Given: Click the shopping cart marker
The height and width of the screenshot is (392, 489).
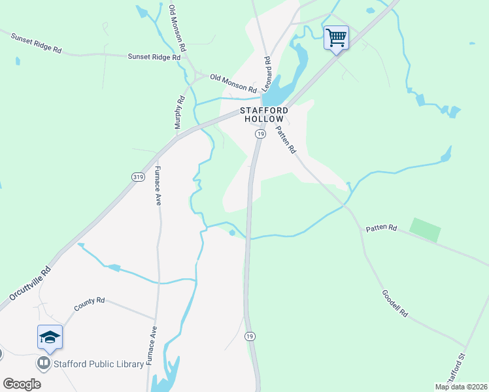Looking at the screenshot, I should click(336, 37).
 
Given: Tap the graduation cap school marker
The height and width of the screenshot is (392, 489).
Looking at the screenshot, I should click(50, 337).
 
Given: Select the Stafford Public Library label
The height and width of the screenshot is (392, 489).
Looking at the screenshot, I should click(98, 363).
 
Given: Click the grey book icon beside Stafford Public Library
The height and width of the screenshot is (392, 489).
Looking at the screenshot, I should click(44, 363).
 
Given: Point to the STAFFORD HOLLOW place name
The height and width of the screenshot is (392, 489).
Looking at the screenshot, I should click(263, 115).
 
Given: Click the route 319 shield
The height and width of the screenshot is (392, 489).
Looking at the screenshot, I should click(138, 176).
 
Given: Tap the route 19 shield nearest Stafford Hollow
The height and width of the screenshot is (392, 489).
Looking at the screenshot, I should click(260, 134).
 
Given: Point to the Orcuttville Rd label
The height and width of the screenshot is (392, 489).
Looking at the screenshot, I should click(29, 282).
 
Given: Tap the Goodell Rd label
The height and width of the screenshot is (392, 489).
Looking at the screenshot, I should click(395, 304).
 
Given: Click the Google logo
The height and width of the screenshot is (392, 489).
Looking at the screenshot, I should click(22, 384).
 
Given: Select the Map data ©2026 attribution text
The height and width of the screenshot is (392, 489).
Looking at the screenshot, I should click(462, 387).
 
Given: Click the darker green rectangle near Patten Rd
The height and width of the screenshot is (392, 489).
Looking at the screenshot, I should click(425, 230).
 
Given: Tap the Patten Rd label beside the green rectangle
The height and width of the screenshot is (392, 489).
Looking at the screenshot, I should click(381, 228).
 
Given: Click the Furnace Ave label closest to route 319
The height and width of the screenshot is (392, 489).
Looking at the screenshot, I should click(158, 187).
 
